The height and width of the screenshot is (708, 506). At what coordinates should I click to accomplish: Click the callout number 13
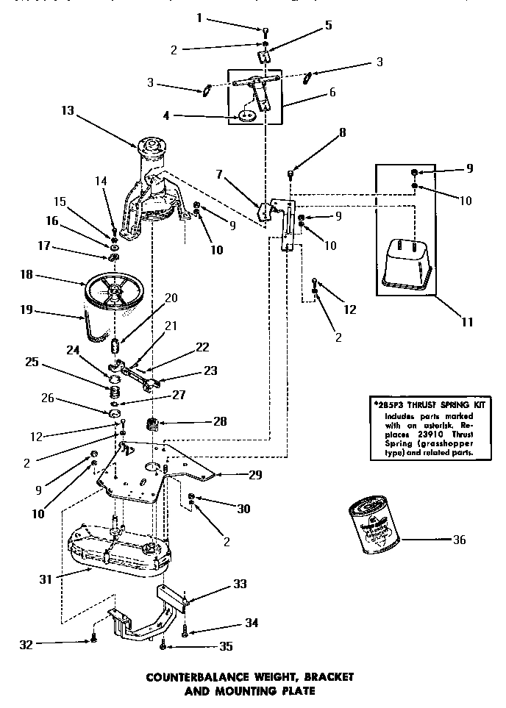click(68, 110)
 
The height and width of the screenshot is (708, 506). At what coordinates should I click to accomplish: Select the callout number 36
click(460, 540)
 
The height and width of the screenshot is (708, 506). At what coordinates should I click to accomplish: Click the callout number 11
click(468, 321)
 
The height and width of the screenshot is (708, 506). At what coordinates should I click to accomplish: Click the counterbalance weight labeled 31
click(118, 548)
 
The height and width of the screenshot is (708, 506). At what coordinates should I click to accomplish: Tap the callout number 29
click(254, 475)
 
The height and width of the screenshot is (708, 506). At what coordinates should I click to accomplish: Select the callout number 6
click(332, 93)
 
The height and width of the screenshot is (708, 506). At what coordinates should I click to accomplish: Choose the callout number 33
click(239, 584)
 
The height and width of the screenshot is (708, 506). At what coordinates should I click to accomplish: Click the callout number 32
click(26, 644)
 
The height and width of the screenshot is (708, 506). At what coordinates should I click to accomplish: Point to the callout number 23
click(210, 371)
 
